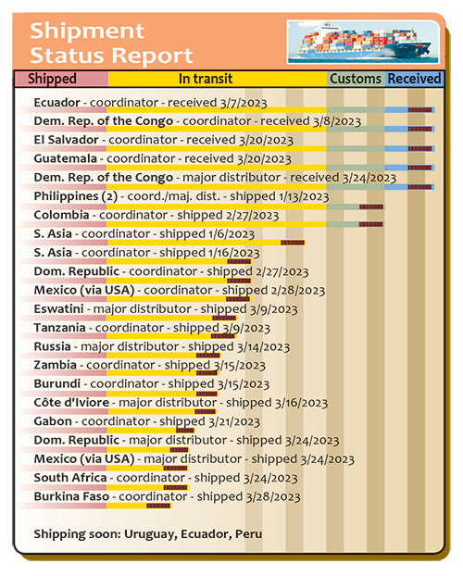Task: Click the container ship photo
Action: [x=363, y=42]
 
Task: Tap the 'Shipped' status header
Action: [x=52, y=79]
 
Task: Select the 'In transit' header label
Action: [x=206, y=79]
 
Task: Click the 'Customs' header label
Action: [x=356, y=79]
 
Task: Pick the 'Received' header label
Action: [x=414, y=79]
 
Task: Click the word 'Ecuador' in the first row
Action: [x=57, y=103]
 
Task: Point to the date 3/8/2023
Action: [x=337, y=121]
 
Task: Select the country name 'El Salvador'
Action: [x=66, y=140]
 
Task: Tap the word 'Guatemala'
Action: [x=66, y=158]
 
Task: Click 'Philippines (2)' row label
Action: [x=76, y=196]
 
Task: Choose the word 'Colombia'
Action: [x=61, y=215]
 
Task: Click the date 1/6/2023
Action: [x=231, y=234]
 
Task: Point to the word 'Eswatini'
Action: [x=58, y=309]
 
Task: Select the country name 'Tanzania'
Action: [x=59, y=328]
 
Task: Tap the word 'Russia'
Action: [x=52, y=346]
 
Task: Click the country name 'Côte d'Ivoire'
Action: [x=71, y=403]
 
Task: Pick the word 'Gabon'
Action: [x=53, y=421]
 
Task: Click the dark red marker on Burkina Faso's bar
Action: [x=158, y=506]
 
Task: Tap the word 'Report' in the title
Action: [x=152, y=56]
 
